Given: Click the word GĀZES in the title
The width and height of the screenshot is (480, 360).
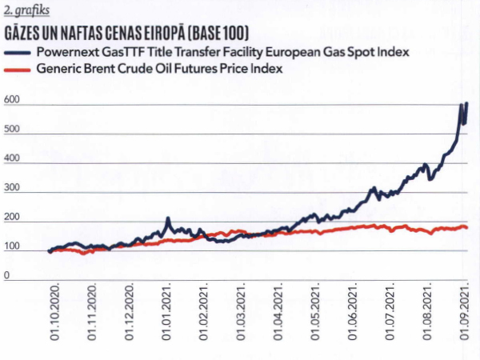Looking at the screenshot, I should click(26, 35).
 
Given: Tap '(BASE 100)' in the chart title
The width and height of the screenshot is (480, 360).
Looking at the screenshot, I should click(212, 35).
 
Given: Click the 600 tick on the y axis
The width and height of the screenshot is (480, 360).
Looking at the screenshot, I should click(12, 101).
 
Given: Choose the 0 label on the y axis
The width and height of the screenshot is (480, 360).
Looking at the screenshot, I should click(6, 276).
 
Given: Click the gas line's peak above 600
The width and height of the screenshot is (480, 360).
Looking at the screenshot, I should click(466, 103).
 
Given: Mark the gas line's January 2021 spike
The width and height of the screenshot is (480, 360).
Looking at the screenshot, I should click(168, 218).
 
